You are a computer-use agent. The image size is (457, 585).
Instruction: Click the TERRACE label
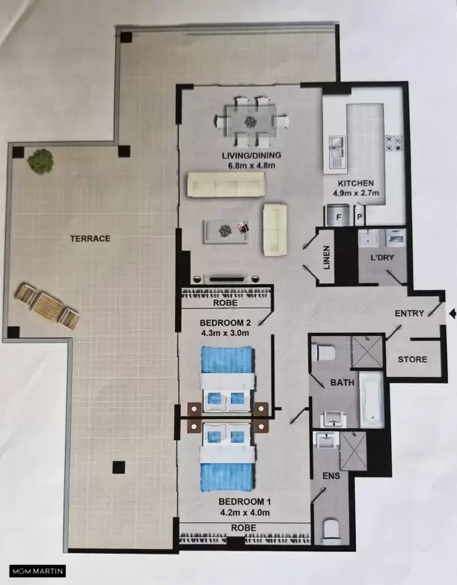point(91,239)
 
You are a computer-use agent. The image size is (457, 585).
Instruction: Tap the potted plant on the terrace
point(40,161)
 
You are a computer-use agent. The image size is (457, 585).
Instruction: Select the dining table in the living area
point(251,122)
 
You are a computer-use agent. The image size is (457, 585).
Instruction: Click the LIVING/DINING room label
point(251,155)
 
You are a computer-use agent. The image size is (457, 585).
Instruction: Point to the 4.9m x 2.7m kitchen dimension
point(356,193)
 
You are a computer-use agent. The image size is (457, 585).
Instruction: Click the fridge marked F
point(338,215)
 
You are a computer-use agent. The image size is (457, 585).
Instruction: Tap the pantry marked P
point(360,215)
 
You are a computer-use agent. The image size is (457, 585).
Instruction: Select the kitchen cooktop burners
point(394,144)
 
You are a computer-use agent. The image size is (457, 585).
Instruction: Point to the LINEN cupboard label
point(326,257)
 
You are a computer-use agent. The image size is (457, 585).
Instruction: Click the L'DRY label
point(382,257)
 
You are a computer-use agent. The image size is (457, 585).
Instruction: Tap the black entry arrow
point(453,313)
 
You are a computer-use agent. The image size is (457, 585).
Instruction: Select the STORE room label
point(412,359)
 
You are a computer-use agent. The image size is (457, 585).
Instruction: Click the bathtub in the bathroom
point(372,400)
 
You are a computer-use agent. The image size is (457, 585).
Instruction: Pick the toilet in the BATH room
point(323,352)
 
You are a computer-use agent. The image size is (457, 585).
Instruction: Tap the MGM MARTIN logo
point(37,571)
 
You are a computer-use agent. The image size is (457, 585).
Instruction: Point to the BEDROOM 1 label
point(245,502)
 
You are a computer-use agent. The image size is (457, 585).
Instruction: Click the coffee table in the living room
point(226,232)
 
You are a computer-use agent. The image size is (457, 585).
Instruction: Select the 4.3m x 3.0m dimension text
point(224,333)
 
